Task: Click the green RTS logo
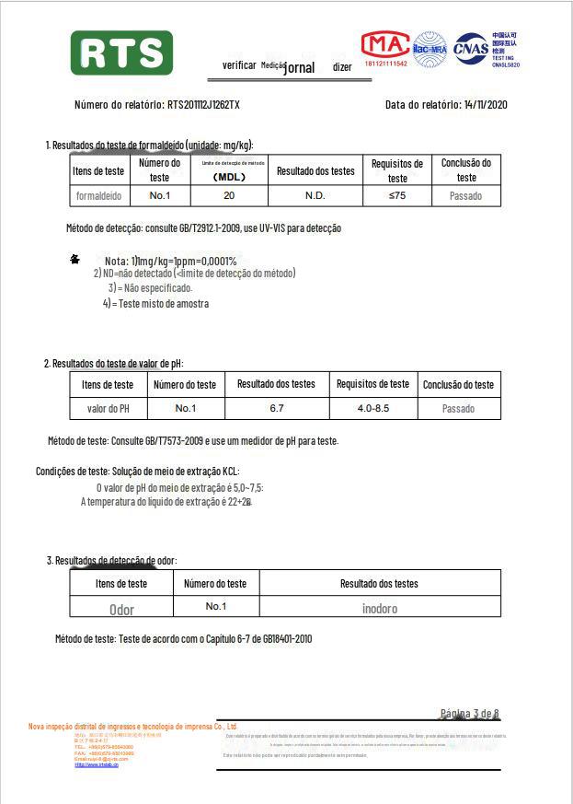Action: [x=121, y=52]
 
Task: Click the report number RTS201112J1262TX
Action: [x=203, y=105]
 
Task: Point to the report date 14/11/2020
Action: [x=486, y=105]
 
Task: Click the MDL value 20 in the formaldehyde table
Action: [x=229, y=196]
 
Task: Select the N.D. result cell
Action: [x=315, y=196]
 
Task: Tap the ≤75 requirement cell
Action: [x=396, y=196]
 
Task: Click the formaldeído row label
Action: [x=98, y=196]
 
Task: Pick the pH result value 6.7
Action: [x=276, y=408]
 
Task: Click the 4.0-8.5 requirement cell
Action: [x=372, y=408]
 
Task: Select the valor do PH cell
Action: [x=109, y=408]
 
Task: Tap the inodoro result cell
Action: [x=379, y=608]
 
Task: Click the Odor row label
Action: [x=121, y=609]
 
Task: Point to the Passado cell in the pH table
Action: [x=458, y=408]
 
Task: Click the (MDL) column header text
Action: [x=229, y=177]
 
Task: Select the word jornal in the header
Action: [x=300, y=67]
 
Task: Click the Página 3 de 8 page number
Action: [x=469, y=714]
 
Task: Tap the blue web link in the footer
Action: [x=97, y=765]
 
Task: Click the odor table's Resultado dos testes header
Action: [x=379, y=583]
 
